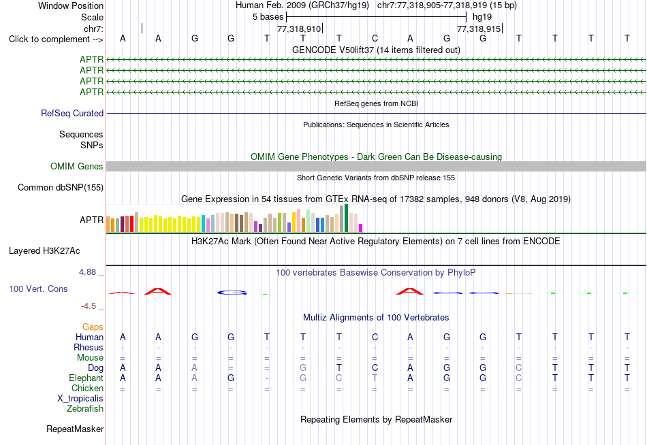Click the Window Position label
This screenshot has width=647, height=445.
[x=71, y=5]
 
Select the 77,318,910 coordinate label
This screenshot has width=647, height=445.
[x=299, y=29]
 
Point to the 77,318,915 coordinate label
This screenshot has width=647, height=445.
[x=479, y=29]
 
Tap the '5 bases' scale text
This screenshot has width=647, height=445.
[x=268, y=17]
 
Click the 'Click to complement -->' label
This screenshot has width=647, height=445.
[x=56, y=39]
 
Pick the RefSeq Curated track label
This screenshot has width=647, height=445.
[x=72, y=113]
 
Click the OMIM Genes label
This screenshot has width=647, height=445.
[x=77, y=166]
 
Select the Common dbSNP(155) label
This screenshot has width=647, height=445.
[x=61, y=188]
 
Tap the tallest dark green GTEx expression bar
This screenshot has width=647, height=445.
[x=346, y=218]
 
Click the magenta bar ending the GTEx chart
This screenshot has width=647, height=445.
[x=361, y=228]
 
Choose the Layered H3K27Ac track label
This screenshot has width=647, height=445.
[x=44, y=251]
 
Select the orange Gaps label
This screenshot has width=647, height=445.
[x=93, y=327]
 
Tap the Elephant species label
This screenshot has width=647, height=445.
[x=86, y=378]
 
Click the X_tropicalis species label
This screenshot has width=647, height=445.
[x=80, y=399]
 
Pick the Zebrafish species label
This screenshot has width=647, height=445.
[x=85, y=409]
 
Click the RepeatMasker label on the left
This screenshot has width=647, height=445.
[x=75, y=429]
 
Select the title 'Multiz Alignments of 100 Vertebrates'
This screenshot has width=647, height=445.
[x=376, y=318]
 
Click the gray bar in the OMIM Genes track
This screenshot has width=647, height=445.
[x=377, y=166]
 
